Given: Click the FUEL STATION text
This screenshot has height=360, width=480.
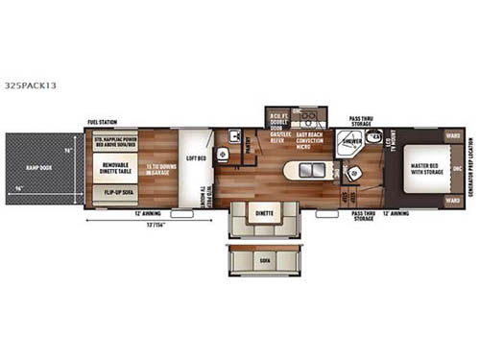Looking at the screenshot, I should [x=101, y=122].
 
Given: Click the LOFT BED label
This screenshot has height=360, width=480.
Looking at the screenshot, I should [x=196, y=158].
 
